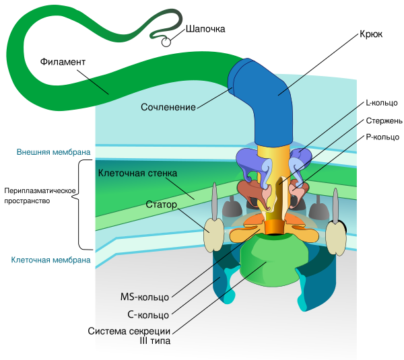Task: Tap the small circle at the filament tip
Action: point(166,42)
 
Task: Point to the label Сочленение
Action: point(168,107)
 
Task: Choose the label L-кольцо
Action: point(381,104)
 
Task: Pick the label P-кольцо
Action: point(382,137)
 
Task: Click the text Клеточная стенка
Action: point(138,174)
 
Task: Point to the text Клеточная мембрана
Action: point(51,260)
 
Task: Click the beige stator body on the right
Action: point(335,236)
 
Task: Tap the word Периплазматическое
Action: point(41,190)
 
